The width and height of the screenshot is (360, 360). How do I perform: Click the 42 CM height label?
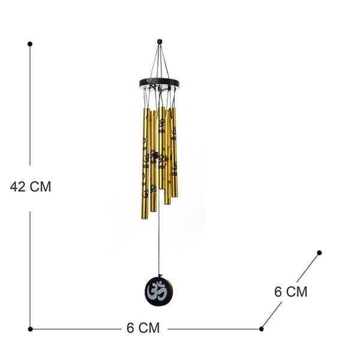coord(31,187)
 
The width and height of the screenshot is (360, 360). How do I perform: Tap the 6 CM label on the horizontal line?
coord(143,328)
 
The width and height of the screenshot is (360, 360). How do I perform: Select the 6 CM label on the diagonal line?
coord(290,292)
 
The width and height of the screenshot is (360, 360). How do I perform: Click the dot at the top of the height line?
coord(30,44)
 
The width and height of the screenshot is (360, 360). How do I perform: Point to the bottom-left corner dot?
coord(31,329)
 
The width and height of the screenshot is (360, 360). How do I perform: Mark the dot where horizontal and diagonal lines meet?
coord(261,329)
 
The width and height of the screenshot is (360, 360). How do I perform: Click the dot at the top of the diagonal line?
coord(319,253)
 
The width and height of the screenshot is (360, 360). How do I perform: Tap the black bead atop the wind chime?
coord(160,42)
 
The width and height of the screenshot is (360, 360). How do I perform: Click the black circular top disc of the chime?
coord(159,83)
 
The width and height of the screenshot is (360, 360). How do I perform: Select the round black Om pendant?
coord(158,292)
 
